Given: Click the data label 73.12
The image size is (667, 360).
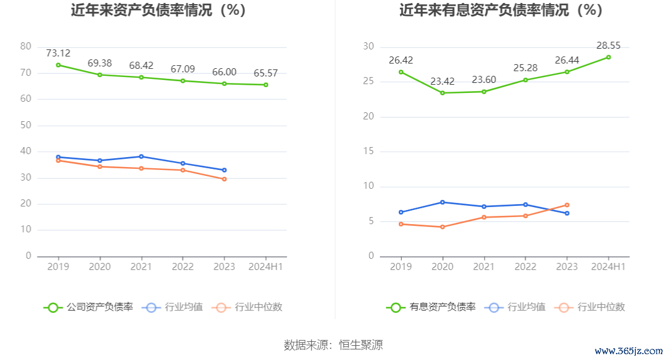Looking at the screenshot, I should click(58, 54).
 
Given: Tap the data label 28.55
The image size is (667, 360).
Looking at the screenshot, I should click(609, 46).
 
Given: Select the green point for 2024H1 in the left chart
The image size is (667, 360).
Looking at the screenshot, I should click(266, 85).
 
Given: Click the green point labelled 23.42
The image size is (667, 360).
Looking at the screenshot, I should click(442, 93).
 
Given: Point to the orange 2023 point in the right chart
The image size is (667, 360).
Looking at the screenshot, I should click(567, 205).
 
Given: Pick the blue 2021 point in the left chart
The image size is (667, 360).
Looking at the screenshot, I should click(141, 156).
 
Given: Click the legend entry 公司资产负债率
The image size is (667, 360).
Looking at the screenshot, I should click(88, 307).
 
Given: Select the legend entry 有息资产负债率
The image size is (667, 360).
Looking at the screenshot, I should click(431, 307).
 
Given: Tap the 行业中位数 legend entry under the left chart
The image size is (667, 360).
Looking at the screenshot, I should click(249, 307).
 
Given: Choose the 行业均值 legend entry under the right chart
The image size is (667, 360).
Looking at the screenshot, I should click(517, 307).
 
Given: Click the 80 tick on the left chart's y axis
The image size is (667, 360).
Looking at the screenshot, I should click(25, 46).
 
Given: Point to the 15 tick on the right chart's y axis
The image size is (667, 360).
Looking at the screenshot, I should click(368, 151).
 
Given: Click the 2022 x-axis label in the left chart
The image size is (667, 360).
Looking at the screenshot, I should click(182, 266).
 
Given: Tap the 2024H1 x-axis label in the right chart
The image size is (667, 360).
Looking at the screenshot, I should click(609, 266).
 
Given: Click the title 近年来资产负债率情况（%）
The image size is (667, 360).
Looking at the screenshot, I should click(158, 11).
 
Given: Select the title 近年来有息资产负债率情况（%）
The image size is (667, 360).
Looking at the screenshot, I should click(501, 11).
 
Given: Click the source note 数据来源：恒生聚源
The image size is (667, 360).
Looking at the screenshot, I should click(333, 345).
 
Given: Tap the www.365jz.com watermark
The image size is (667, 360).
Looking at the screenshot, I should click(628, 351).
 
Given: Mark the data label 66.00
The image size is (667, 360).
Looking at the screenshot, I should click(224, 72).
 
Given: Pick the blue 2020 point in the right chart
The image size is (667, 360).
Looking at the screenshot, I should click(442, 202).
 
